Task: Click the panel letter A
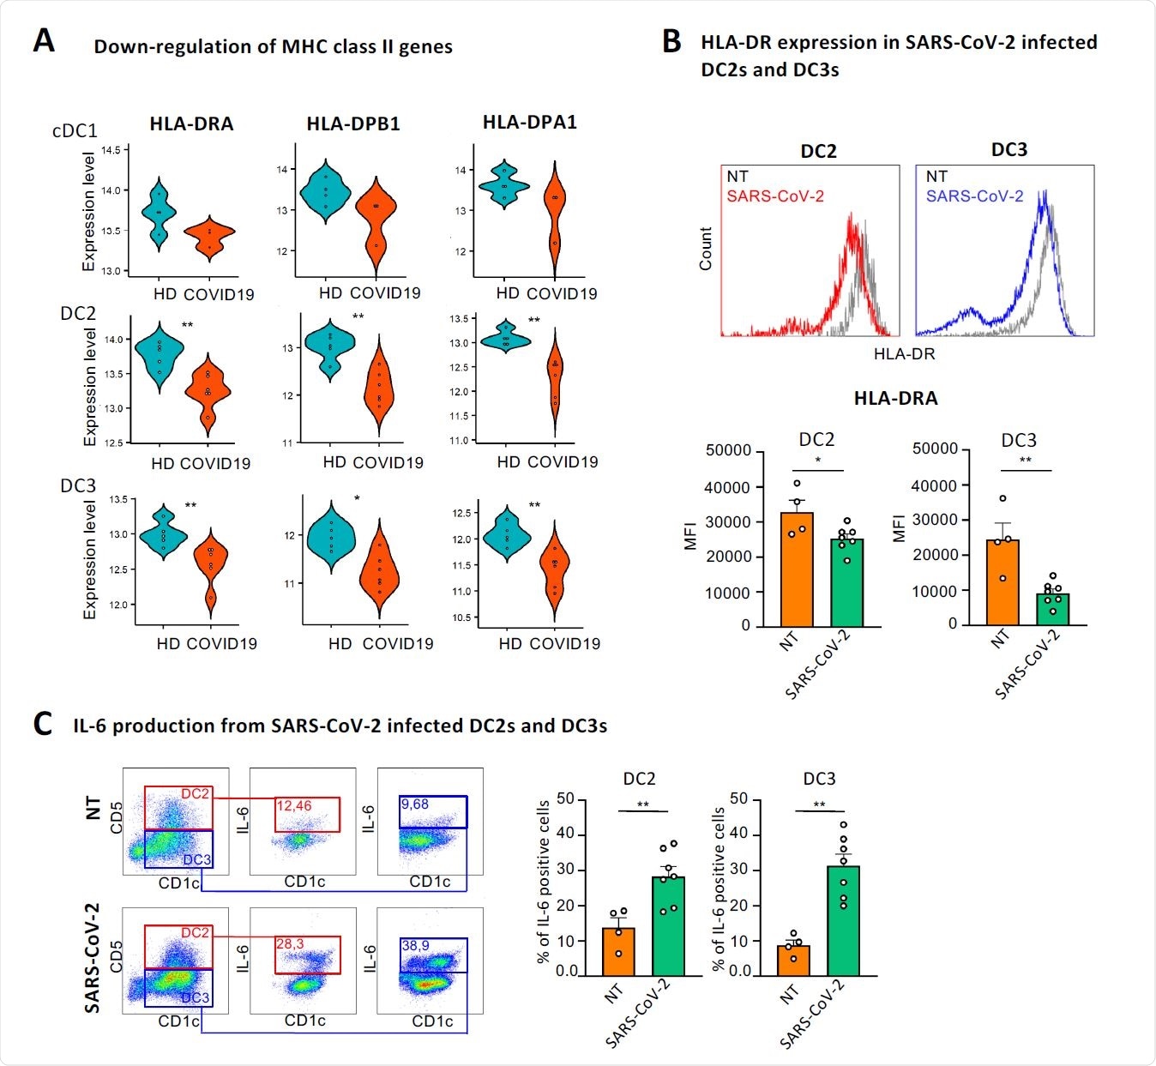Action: point(44,40)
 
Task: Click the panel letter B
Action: point(671,41)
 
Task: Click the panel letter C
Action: point(43,723)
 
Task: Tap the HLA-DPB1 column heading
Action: point(353,123)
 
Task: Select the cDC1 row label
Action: point(75,131)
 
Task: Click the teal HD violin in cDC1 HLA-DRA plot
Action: point(159,213)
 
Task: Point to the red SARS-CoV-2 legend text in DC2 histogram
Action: point(775,196)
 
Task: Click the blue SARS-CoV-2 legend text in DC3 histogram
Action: point(974,196)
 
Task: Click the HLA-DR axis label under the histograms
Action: point(904,353)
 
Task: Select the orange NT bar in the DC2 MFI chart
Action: point(797,569)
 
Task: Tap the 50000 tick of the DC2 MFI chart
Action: point(728,451)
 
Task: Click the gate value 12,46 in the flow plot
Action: point(294,805)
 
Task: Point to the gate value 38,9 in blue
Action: point(415,944)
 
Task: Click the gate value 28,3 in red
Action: point(289,943)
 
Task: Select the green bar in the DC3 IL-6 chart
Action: point(843,921)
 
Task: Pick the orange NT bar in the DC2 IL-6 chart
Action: point(619,952)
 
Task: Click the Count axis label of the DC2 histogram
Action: point(706,249)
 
